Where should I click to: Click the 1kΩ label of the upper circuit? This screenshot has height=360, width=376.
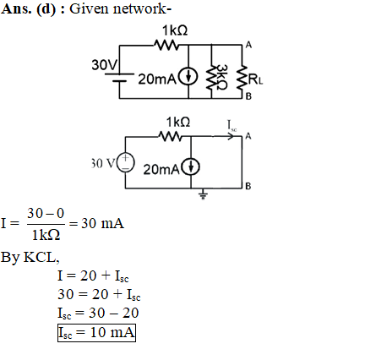(x=175, y=30)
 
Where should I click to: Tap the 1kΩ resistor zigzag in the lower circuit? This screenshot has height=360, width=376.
(x=171, y=137)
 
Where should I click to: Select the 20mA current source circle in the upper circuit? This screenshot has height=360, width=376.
(x=188, y=77)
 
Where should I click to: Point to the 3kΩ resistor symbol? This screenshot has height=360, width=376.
(x=211, y=76)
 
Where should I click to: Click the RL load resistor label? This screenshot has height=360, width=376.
(x=255, y=79)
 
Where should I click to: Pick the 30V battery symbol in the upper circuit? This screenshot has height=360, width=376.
(x=119, y=78)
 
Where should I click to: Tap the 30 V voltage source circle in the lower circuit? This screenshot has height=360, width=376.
(x=126, y=163)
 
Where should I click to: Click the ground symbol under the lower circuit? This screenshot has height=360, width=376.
(x=203, y=194)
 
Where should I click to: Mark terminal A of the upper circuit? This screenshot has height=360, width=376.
(x=248, y=45)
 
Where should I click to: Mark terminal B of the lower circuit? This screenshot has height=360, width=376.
(x=248, y=186)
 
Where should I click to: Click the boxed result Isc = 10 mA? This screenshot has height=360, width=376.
(x=96, y=333)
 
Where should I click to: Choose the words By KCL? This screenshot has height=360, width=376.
(x=30, y=257)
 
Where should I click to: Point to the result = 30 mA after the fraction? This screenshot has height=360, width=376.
(x=96, y=224)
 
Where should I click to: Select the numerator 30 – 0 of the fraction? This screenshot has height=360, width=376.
(x=46, y=213)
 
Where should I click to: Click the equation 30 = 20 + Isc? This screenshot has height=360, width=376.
(x=99, y=295)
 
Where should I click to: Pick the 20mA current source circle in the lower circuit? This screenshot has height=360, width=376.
(x=191, y=167)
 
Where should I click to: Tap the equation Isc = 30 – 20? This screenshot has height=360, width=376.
(x=98, y=314)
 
